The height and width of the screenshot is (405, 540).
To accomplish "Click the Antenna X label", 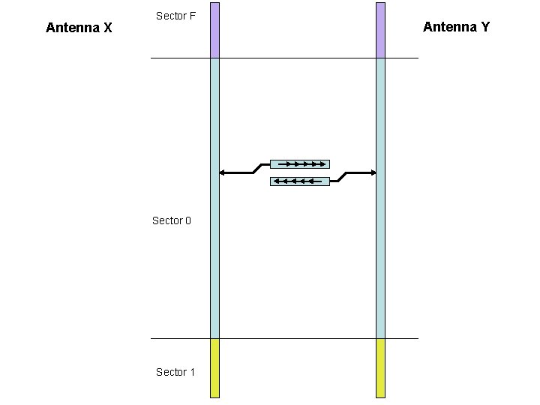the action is point(79,28).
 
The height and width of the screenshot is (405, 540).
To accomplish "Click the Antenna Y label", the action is point(456,27).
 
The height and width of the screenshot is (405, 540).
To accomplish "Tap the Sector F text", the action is point(175,16).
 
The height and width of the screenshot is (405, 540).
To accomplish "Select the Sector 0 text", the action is point(172,220).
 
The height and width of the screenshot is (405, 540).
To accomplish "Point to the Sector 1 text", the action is point(175,372).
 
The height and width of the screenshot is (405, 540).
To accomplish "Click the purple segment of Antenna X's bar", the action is point(214,30).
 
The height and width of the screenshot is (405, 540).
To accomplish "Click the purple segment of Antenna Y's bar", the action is point(380,30).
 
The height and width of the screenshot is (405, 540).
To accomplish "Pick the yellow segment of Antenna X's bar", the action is point(214,367).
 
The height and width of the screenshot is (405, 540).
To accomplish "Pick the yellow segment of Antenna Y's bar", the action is point(380,367).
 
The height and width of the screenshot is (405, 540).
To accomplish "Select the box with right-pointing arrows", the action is point(299,163).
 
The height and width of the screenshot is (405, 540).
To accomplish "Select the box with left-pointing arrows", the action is point(299,181).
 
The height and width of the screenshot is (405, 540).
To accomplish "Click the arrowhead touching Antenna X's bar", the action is point(222,173).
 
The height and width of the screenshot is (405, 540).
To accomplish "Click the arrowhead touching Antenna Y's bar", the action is point(373,173).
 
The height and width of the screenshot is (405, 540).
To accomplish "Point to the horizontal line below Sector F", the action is point(300,58).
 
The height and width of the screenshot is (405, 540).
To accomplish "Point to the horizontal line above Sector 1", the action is point(300,338).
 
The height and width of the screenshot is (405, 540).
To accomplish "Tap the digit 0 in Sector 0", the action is point(187,220).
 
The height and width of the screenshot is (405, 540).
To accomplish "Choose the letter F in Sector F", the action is point(192,16).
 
